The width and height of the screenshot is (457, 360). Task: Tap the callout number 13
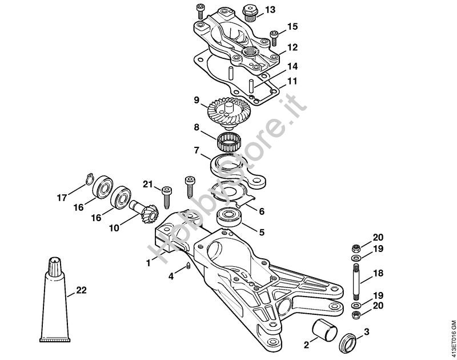coord(270,10)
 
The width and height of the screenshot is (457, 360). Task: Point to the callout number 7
coord(196,151)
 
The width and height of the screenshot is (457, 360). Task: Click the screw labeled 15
coord(275,38)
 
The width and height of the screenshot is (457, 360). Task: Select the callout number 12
coord(292,46)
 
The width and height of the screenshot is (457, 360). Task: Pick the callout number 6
coord(262,211)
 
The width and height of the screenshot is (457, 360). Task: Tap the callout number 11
coord(292,81)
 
